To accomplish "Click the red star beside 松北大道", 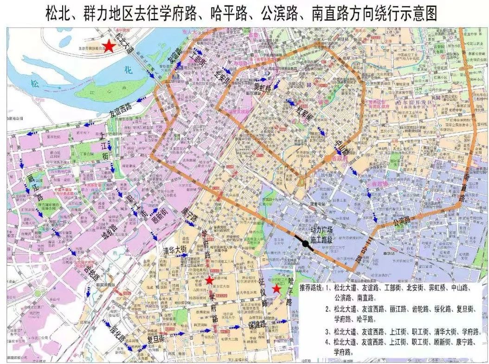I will pyautogui.click(x=109, y=46).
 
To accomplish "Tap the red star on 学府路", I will pyautogui.click(x=210, y=280).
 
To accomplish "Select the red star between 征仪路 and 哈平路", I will pyautogui.click(x=276, y=289).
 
